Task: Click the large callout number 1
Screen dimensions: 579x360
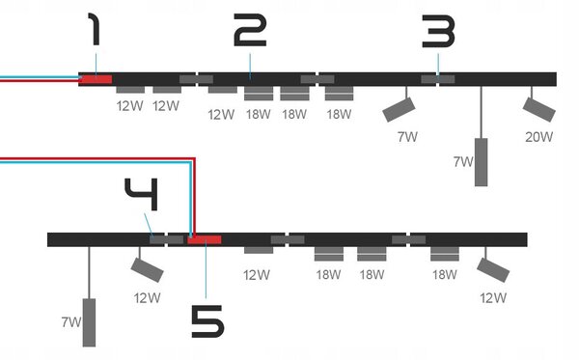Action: tap(95, 29)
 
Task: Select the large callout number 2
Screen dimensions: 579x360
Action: tap(250, 30)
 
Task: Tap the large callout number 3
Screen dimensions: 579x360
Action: tap(439, 32)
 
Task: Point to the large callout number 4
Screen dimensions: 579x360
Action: tap(142, 195)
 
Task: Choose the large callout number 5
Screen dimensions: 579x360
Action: tap(207, 321)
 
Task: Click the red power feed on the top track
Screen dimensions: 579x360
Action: tap(96, 79)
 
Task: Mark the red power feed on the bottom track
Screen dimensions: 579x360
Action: tap(205, 240)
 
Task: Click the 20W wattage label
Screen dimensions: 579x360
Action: tap(539, 137)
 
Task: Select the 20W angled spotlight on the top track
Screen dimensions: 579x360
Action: tap(539, 110)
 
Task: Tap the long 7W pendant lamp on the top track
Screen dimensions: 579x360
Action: tap(481, 162)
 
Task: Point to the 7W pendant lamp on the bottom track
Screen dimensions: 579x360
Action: tap(89, 322)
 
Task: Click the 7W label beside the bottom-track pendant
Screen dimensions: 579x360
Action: tap(70, 322)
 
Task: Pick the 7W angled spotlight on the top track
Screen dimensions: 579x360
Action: tap(399, 110)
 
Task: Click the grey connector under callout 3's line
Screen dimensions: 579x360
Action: tap(438, 79)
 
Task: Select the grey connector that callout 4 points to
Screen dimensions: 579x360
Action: tap(167, 240)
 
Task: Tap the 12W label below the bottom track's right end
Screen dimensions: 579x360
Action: tap(493, 297)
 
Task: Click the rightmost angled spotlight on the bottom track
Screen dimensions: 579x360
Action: tap(493, 270)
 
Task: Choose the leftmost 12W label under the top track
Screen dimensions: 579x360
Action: tap(129, 106)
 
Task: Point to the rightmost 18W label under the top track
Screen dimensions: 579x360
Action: tap(339, 114)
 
